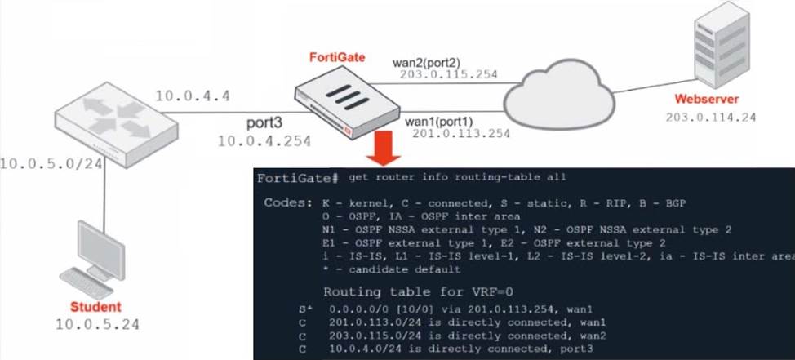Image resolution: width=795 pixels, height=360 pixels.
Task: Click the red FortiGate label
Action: pos(337,56)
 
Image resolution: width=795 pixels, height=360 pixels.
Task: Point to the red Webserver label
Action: pos(706,100)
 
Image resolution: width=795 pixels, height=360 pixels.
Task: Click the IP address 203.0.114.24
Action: pos(710,117)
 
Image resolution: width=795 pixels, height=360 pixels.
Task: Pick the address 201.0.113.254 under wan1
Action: pos(461,133)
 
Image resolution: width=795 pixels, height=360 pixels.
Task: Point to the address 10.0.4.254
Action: pos(264,140)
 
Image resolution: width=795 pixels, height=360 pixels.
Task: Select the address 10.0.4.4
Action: pos(193,96)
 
